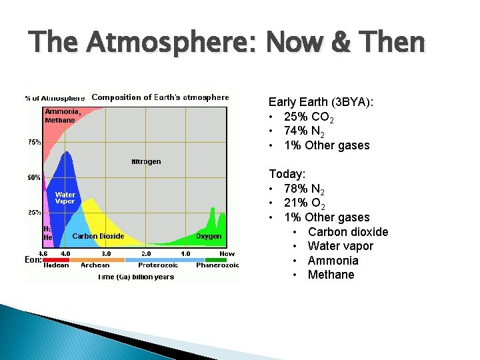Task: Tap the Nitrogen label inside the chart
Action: (146, 162)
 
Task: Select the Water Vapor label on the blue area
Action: (65, 198)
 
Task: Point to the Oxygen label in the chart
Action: (209, 236)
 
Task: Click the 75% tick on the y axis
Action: (34, 142)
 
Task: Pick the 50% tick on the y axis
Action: (34, 177)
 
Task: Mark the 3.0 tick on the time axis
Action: (106, 253)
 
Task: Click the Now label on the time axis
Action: (227, 253)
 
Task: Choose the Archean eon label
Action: (95, 265)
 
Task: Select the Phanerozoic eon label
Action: (217, 265)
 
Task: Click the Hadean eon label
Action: (56, 265)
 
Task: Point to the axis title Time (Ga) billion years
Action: (135, 277)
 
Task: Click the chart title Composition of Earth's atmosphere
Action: (160, 97)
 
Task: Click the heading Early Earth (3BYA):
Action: (321, 102)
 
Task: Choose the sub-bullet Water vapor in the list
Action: (340, 246)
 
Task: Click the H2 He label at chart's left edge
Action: (47, 233)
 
